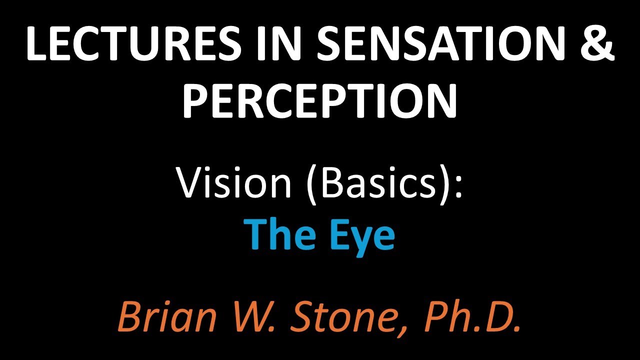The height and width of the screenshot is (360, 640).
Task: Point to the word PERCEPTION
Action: [x=320, y=100]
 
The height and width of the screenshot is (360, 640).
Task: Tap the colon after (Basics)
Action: [x=458, y=186]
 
